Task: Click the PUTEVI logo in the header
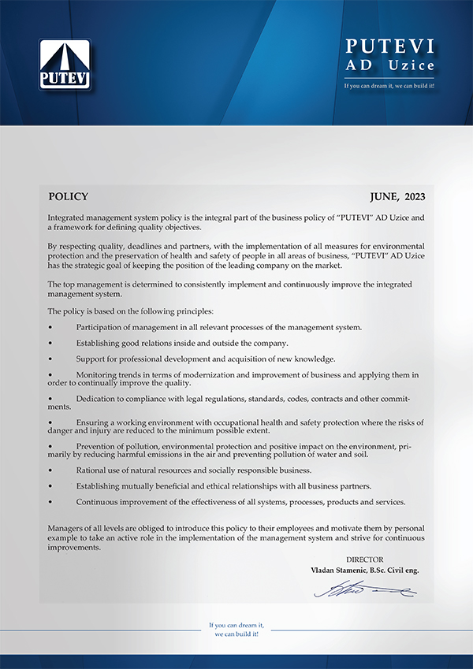(65, 65)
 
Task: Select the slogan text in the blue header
(390, 85)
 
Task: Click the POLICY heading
(68, 197)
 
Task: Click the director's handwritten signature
(364, 589)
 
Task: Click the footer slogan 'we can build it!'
(236, 634)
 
